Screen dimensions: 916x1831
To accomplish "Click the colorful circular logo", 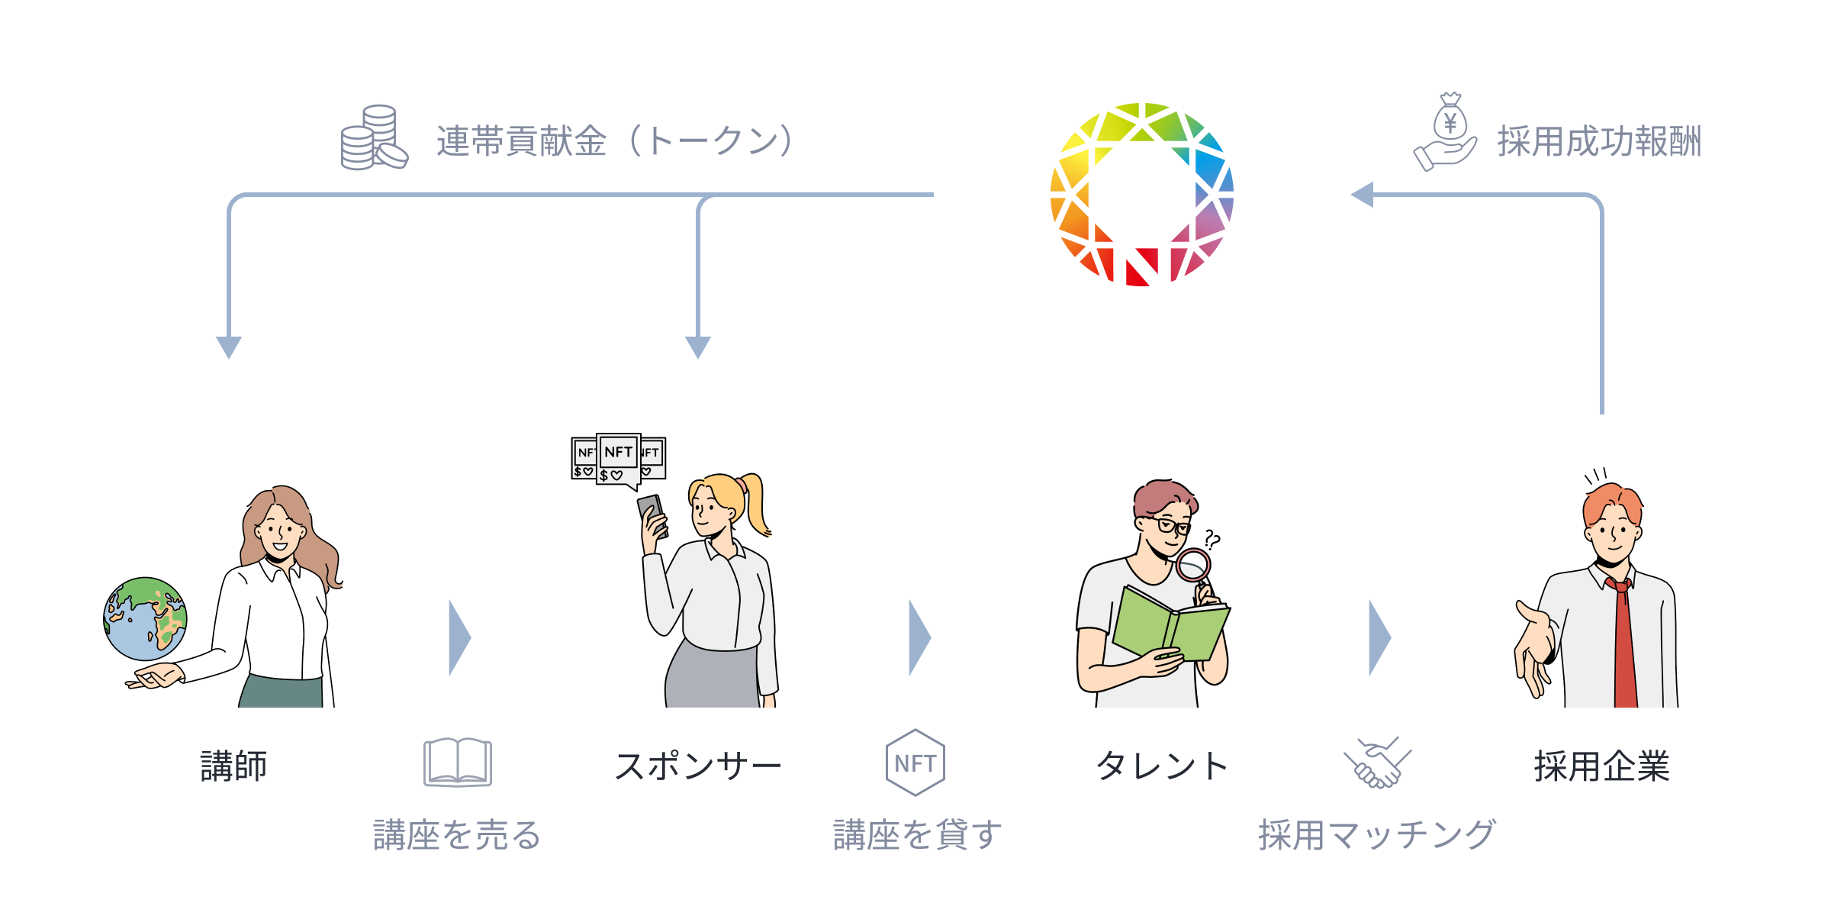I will (1142, 195).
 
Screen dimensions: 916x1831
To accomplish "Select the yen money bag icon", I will (1449, 122).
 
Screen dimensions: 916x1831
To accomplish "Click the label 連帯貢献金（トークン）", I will (615, 141).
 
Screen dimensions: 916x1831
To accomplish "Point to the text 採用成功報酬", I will (1599, 141).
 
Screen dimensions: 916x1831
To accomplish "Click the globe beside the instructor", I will (145, 618).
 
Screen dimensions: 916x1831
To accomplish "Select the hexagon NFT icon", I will (915, 763).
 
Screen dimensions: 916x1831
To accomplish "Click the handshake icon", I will (1377, 763).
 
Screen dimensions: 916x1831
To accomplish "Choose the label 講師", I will (233, 766).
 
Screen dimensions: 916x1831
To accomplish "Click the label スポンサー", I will (698, 766).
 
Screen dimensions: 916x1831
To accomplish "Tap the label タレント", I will (1162, 766).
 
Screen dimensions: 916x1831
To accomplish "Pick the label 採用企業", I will (1602, 766).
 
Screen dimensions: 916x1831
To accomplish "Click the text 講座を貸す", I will (918, 834).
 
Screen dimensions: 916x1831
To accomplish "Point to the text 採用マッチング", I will (1377, 834).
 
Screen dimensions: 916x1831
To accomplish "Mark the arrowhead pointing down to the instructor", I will (229, 347).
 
